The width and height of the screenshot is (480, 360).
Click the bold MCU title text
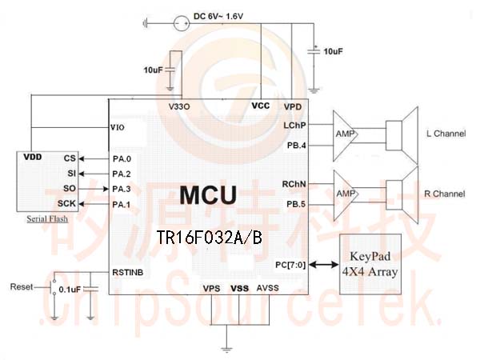pos(208,195)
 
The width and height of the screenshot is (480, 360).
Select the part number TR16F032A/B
pos(209,237)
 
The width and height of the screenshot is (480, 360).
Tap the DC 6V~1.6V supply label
pos(218,16)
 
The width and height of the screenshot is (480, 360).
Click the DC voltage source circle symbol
pos(182,23)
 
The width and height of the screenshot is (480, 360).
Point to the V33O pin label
pos(179,106)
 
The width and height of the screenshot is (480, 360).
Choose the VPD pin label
pos(293,107)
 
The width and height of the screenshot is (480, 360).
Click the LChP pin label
pos(294,126)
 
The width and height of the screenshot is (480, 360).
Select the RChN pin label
pos(294,184)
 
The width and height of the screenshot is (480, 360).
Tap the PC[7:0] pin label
pos(290,265)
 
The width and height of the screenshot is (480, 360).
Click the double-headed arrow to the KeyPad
pos(323,265)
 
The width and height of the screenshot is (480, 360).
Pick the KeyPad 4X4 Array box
pos(370,264)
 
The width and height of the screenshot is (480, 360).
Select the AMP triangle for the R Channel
pos(346,195)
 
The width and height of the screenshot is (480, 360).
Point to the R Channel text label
pos(445,194)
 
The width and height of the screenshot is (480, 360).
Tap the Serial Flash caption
pos(47,219)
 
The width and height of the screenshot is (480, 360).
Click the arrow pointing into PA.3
pos(94,189)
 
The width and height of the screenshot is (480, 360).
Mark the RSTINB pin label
pos(128,273)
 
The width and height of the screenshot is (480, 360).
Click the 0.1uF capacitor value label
pos(70,290)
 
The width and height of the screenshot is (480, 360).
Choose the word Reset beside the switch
pos(21,287)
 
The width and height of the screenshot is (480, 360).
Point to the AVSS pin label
pos(267,288)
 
